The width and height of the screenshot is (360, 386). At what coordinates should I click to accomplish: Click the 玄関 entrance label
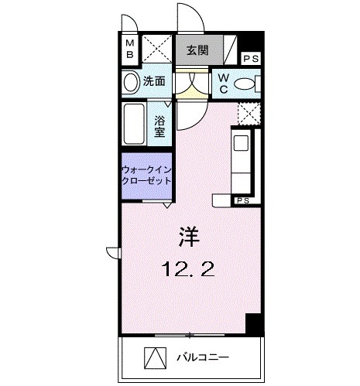197,51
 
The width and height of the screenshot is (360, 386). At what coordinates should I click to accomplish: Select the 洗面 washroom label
153,81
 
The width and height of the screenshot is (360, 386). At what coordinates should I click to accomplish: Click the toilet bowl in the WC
245,84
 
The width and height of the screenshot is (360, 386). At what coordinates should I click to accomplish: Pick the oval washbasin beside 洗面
129,81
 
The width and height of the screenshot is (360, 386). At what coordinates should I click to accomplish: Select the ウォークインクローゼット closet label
146,175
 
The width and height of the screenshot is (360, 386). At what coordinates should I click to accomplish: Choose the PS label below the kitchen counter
243,201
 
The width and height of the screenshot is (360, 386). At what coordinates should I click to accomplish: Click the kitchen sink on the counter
241,143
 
